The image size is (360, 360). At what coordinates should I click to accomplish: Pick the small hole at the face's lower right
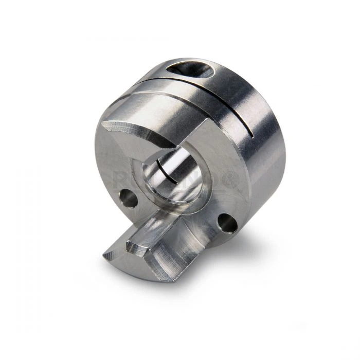pyautogui.click(x=227, y=222)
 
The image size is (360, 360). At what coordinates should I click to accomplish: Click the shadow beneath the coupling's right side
pyautogui.click(x=257, y=242)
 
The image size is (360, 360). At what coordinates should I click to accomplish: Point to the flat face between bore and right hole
pyautogui.click(x=211, y=203)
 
